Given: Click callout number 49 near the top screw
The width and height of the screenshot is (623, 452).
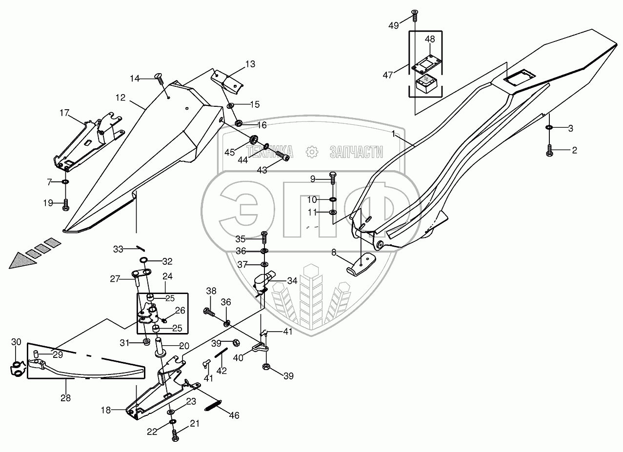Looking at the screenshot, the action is [394, 25].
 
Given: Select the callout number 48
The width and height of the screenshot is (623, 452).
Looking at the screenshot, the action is [430, 39].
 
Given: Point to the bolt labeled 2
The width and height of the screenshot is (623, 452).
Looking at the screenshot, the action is [549, 150].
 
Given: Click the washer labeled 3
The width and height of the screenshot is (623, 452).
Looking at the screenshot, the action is [549, 128].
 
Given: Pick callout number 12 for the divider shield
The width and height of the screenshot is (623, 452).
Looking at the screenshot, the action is [121, 98].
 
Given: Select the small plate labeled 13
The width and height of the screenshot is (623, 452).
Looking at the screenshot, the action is [227, 82].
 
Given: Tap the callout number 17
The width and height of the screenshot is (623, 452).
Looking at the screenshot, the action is [64, 113].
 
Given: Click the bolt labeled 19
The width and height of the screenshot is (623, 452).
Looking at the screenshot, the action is [66, 205].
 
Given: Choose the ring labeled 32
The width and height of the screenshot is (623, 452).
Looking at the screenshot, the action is [143, 260].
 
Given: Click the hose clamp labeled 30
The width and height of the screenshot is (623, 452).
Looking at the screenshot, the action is [18, 369].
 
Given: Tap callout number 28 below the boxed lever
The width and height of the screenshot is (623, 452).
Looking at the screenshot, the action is [66, 398].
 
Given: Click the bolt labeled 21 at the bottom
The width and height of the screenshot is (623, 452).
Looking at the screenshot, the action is [174, 438].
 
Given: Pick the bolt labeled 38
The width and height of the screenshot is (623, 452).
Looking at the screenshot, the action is [209, 312].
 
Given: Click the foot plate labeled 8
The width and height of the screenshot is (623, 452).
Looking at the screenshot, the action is [361, 264].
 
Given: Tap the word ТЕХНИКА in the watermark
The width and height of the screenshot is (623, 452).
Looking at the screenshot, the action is [270, 152].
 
